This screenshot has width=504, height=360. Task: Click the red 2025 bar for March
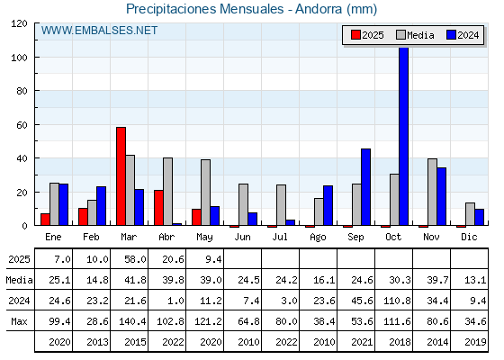tap(121, 176)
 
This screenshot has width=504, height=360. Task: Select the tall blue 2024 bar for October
tap(404, 136)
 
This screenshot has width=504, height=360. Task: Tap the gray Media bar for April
tap(167, 192)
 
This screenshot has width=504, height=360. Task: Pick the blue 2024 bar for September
tap(365, 187)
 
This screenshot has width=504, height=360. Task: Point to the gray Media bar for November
tap(432, 192)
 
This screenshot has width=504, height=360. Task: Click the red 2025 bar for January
tap(45, 220)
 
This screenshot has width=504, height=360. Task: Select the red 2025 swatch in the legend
tap(355, 35)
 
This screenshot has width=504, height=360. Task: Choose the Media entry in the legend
tap(415, 35)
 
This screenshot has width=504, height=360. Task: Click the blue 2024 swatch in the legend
tap(451, 35)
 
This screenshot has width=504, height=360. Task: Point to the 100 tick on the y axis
tap(36, 58)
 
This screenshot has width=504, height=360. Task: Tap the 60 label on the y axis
tap(22, 125)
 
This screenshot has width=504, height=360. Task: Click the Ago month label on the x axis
tap(318, 238)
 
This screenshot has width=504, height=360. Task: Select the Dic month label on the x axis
tap(469, 237)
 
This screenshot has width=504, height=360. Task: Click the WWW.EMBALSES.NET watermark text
tap(99, 31)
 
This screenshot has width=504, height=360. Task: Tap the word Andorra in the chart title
tap(319, 9)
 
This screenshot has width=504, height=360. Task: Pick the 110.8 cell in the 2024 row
tap(397, 301)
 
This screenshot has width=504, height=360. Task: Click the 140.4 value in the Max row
tap(132, 321)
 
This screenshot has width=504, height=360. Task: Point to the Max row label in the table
tap(19, 321)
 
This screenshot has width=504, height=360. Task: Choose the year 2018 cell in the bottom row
tap(400, 342)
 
